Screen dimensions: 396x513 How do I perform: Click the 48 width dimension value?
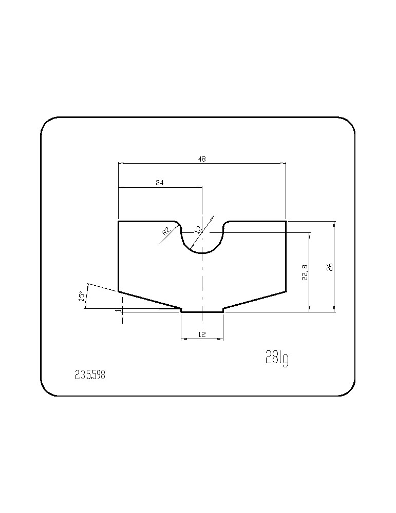point(202,159)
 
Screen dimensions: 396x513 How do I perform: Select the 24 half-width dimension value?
point(160,183)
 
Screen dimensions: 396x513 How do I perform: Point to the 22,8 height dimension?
point(305,272)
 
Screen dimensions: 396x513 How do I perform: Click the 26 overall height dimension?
point(330,267)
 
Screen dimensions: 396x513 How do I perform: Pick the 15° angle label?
point(82,297)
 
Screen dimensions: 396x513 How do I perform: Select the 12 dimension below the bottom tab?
point(202,334)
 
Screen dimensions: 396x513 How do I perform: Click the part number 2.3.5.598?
point(90,375)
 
